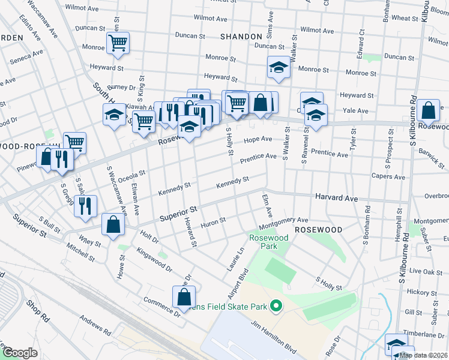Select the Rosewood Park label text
[x=268, y=242]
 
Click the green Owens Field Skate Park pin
[x=276, y=307]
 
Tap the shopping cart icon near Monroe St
[x=118, y=43]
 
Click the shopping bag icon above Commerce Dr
[x=184, y=296]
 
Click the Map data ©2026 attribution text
[x=423, y=355]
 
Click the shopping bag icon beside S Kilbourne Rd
[x=429, y=110]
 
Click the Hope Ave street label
[x=258, y=140]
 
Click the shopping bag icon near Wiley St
[x=113, y=224]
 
